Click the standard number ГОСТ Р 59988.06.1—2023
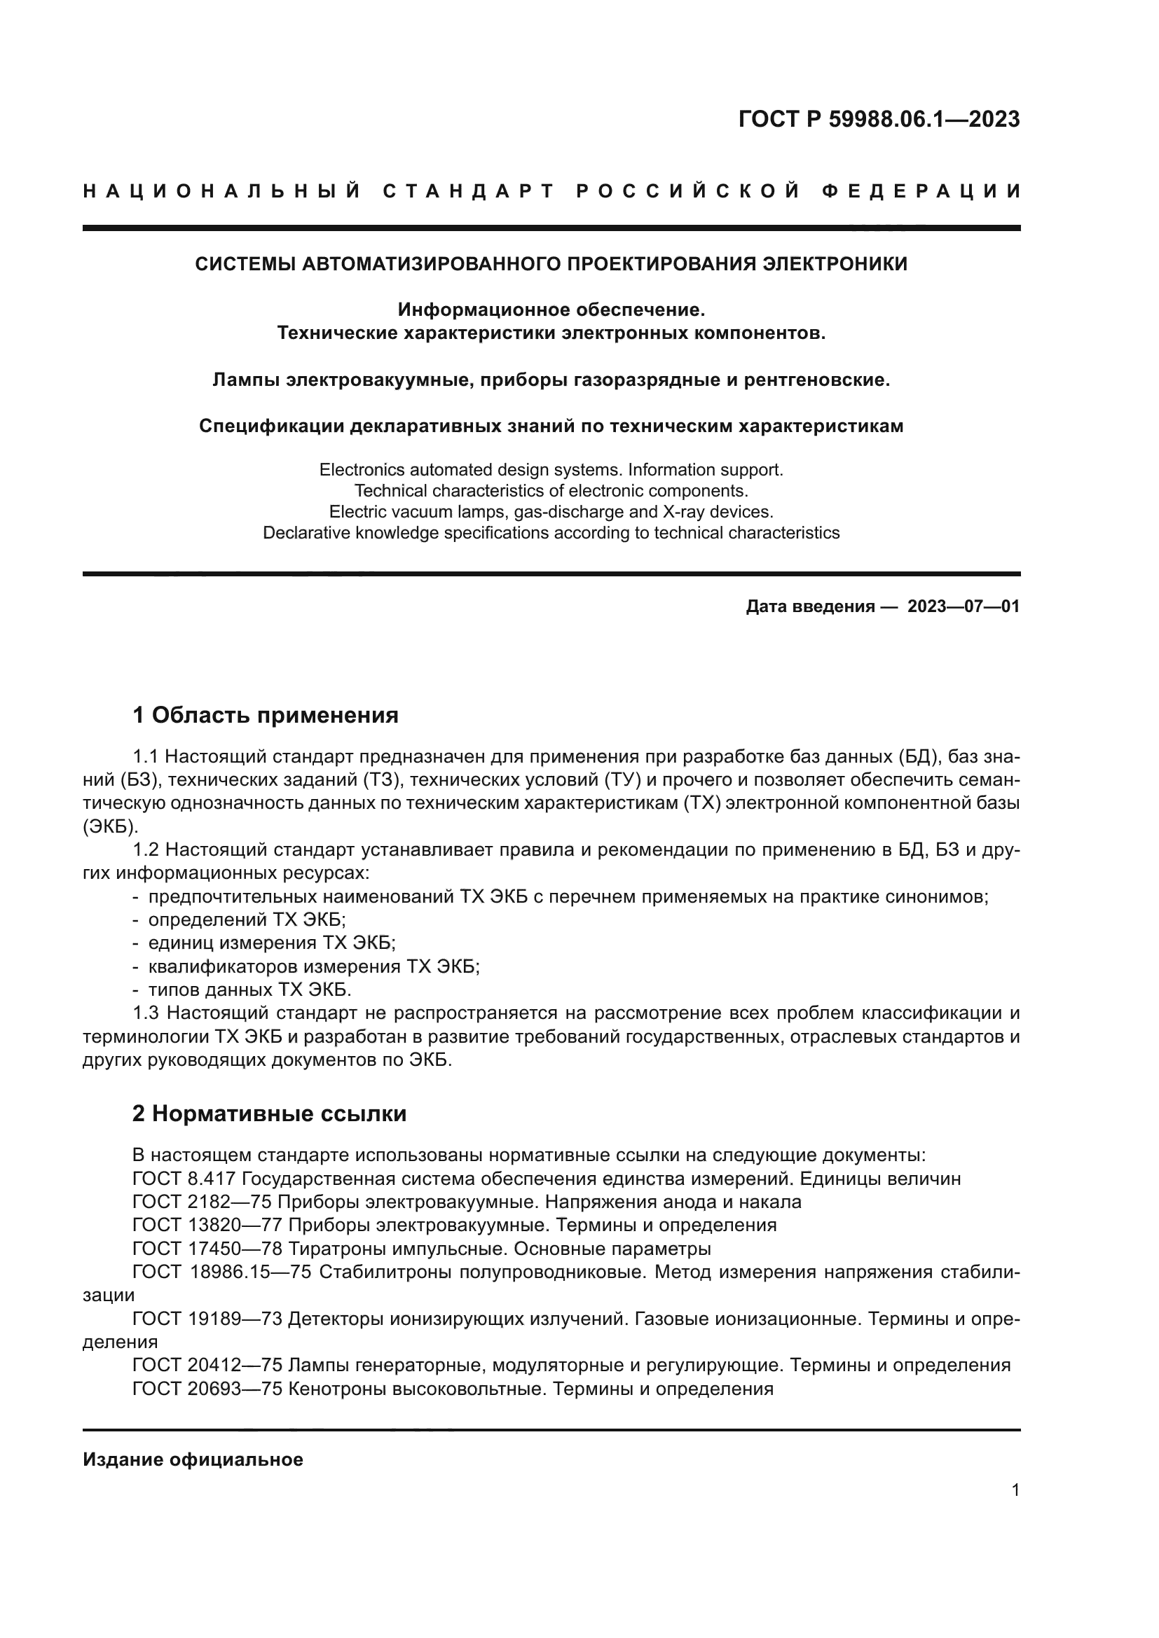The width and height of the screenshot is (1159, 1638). click(x=879, y=119)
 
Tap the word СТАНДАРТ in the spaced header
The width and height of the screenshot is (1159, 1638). click(x=469, y=191)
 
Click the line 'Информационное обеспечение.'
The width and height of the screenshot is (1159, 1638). click(x=551, y=310)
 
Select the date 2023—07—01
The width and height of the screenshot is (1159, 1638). click(x=963, y=606)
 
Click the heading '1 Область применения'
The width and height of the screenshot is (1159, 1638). click(x=265, y=715)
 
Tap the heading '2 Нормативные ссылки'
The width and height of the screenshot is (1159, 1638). click(x=269, y=1113)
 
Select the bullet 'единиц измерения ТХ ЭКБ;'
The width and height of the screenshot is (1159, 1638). click(x=271, y=943)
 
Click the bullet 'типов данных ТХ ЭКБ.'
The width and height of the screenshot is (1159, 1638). click(x=249, y=990)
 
